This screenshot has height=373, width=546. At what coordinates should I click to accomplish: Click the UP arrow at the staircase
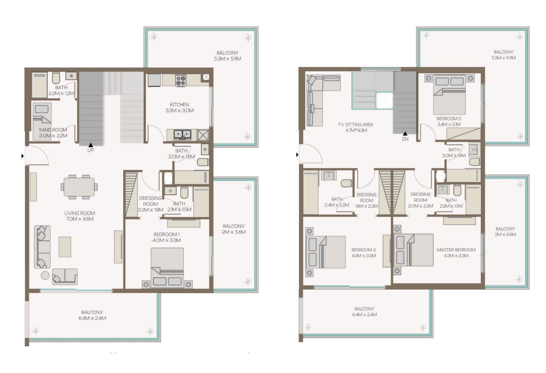[90, 145]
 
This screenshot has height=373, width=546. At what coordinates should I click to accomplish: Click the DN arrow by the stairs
[405, 134]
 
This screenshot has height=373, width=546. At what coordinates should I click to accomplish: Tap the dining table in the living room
[79, 187]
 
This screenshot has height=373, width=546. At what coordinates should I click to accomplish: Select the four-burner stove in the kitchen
[180, 80]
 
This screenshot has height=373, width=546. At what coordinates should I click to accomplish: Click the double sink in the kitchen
[182, 135]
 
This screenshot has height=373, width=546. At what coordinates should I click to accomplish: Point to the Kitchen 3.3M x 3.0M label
[180, 107]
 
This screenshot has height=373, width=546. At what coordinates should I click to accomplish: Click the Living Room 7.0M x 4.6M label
[80, 216]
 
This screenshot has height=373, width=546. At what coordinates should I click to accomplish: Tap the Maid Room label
[53, 130]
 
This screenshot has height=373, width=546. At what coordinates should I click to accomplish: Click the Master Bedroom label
[456, 250]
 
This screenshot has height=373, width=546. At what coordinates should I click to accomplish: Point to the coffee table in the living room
[65, 247]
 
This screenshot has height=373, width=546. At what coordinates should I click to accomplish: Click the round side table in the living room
[45, 276]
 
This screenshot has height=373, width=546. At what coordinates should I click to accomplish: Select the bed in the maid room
[42, 122]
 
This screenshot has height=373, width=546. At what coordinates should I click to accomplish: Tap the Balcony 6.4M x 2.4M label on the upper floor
[365, 312]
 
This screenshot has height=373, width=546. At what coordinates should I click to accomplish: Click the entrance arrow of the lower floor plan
[22, 156]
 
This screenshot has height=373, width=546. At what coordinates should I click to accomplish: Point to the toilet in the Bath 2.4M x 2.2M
[347, 183]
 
